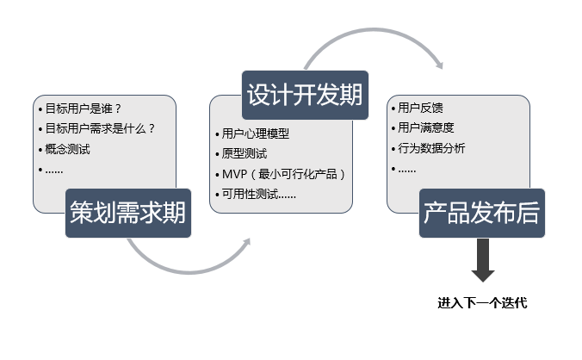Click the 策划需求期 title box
(x=128, y=213)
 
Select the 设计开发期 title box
(x=305, y=95)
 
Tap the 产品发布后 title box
(x=482, y=213)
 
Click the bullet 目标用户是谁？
(x=84, y=109)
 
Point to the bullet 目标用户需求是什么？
(x=100, y=129)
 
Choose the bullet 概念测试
(x=67, y=149)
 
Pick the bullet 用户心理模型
(x=256, y=133)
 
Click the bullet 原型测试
(x=245, y=153)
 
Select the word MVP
(x=234, y=174)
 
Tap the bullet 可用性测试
(x=250, y=194)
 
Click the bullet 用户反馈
(x=420, y=108)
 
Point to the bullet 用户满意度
(x=425, y=127)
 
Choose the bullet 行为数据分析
(x=431, y=148)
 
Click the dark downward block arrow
(x=483, y=260)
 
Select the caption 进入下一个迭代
(x=482, y=303)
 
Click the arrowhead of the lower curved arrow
(x=246, y=242)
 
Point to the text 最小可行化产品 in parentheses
(x=298, y=174)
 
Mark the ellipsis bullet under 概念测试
(x=54, y=171)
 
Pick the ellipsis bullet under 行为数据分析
(x=407, y=171)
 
